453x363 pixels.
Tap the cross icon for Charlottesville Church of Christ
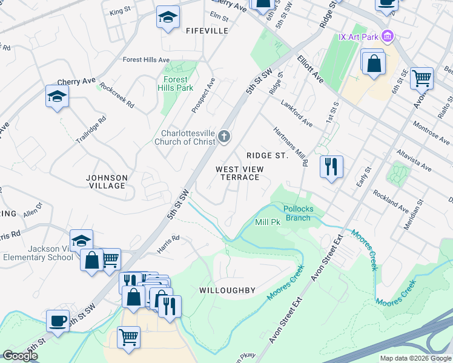[x=224, y=137]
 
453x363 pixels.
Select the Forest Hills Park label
[x=175, y=83]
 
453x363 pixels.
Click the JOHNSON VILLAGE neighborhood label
[x=107, y=181]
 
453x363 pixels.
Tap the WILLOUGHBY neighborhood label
[x=227, y=290]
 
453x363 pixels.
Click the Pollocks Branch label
[x=298, y=213]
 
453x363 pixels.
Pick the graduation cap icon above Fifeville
[x=168, y=18]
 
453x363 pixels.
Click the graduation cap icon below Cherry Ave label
[x=57, y=96]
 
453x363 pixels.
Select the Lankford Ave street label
[x=296, y=113]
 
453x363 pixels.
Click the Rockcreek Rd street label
[x=117, y=95]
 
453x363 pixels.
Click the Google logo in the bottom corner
[x=20, y=356]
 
